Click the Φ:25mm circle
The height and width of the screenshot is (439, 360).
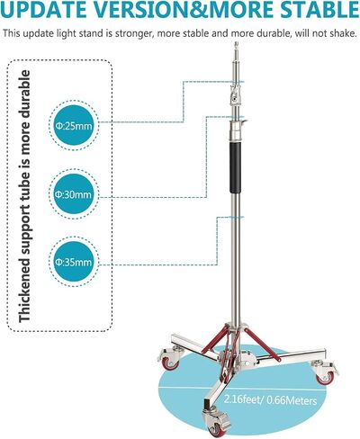tap(73, 126)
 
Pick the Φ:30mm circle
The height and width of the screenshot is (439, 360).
tap(73, 194)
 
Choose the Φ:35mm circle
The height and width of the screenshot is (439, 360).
tap(73, 263)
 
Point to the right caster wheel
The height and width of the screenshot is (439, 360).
tap(325, 372)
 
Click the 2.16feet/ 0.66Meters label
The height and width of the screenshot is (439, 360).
tap(270, 399)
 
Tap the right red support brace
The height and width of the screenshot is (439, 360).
tap(262, 345)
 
